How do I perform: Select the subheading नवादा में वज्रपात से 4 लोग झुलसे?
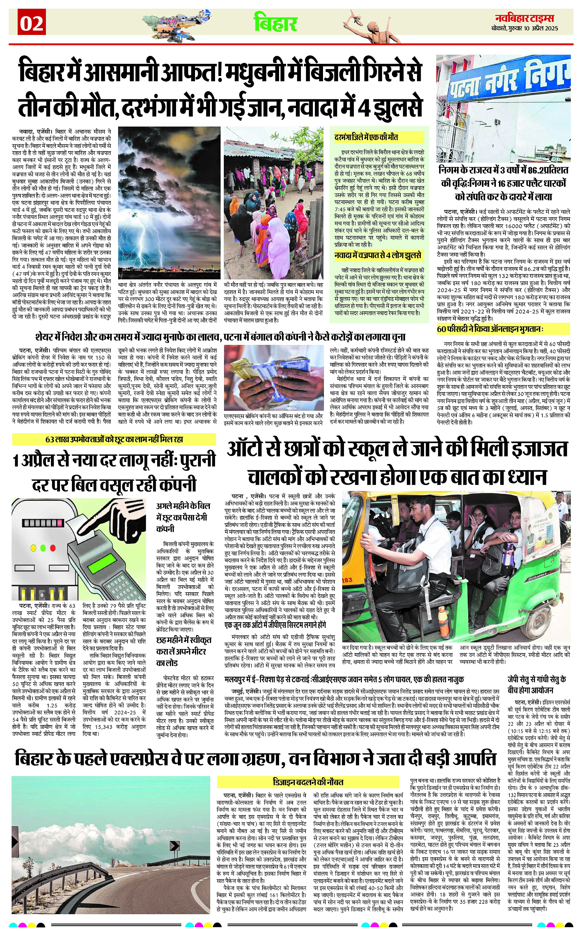pyautogui.click(x=378, y=255)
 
